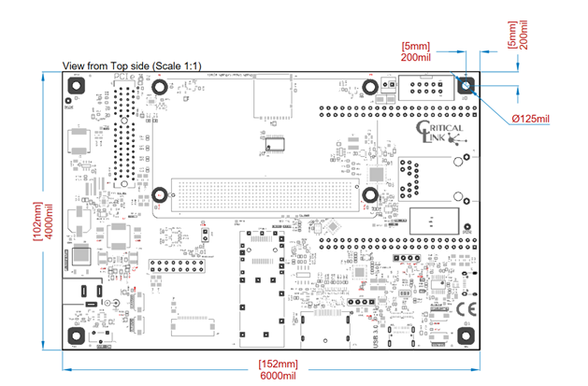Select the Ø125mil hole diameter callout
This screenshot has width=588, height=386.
click(537, 119)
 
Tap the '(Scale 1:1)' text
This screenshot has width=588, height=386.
click(179, 65)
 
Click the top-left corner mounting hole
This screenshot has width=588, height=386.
click(76, 85)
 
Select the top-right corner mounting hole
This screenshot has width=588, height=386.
click(466, 86)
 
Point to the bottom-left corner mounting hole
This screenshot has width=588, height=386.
click(76, 337)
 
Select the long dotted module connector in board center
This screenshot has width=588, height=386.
click(265, 196)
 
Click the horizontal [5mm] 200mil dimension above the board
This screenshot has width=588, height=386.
click(415, 50)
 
